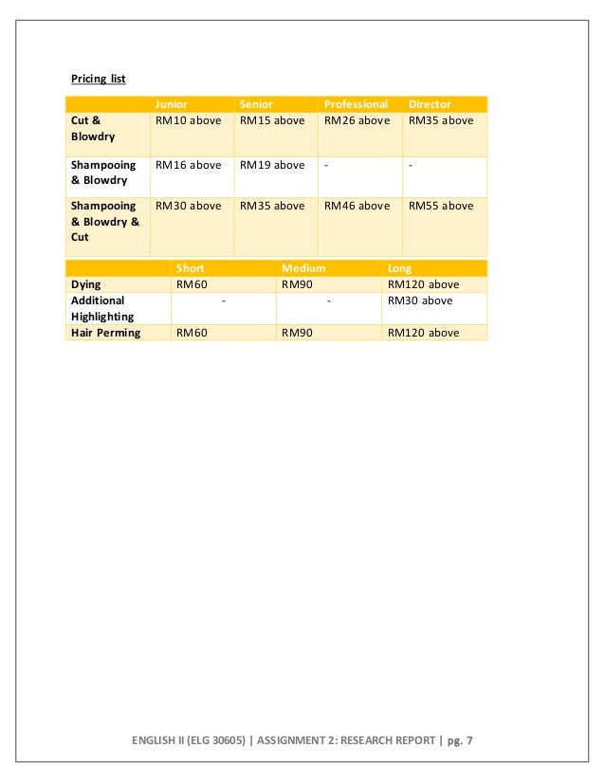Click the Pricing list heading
click(x=99, y=78)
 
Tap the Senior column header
click(x=256, y=104)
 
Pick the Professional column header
click(x=356, y=104)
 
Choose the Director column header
click(x=430, y=104)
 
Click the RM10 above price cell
click(x=188, y=120)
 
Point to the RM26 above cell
click(x=357, y=120)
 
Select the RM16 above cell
click(x=188, y=165)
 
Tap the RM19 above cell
click(x=272, y=165)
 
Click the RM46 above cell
click(x=357, y=206)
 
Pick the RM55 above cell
click(x=441, y=206)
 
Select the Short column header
click(x=190, y=268)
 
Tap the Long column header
click(x=400, y=268)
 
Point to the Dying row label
click(x=86, y=283)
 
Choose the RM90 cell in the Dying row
click(x=298, y=283)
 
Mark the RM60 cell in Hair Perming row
click(x=192, y=333)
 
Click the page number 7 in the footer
click(x=468, y=740)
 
